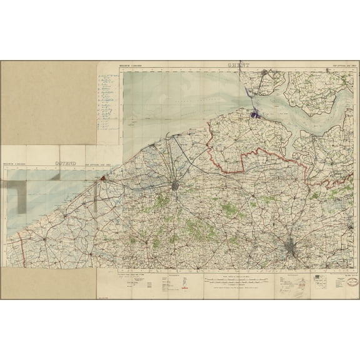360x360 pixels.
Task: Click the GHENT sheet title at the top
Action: pyautogui.click(x=239, y=66)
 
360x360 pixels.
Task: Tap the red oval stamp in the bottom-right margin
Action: pyautogui.click(x=337, y=282)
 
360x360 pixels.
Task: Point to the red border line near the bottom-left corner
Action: pyautogui.click(x=23, y=250)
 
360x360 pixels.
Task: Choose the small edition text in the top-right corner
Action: pyautogui.click(x=340, y=66)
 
